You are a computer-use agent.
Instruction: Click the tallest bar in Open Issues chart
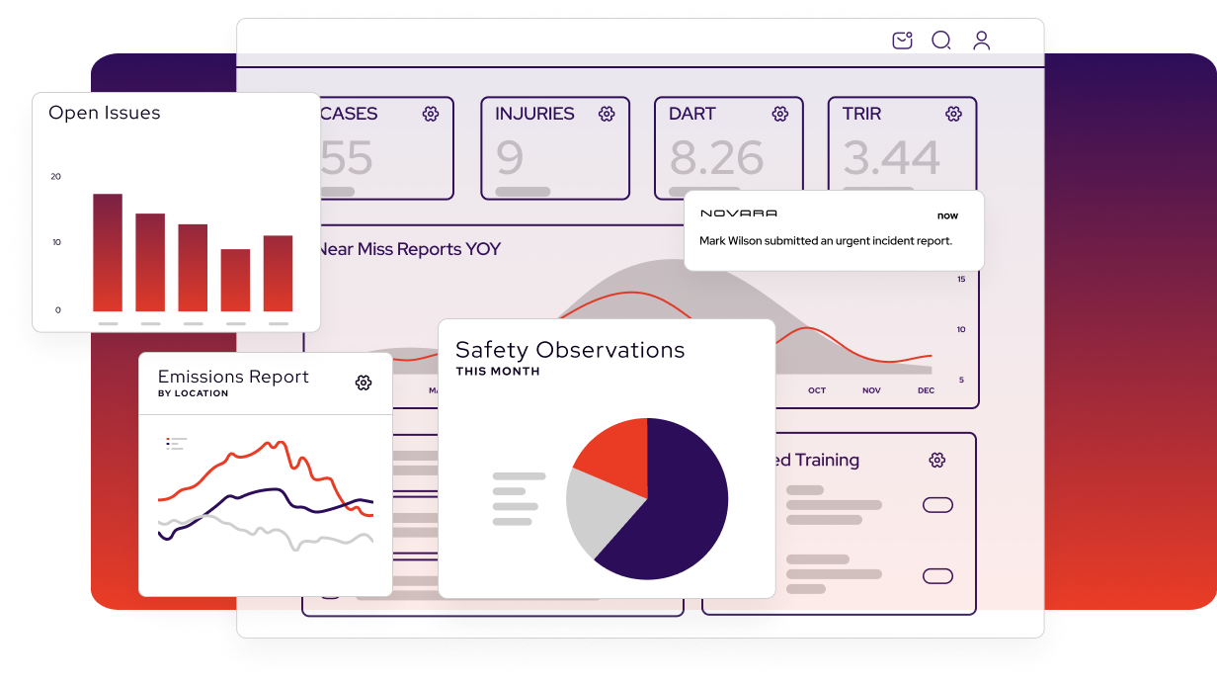[108, 252]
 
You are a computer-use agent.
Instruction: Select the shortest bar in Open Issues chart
[235, 280]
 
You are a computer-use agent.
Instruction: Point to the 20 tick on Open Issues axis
[55, 177]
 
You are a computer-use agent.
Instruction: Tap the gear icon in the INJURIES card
[607, 114]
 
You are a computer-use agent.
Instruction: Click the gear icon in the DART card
[780, 114]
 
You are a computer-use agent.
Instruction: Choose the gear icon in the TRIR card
[953, 114]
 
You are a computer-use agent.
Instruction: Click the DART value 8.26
[716, 158]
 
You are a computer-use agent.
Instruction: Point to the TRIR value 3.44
[890, 158]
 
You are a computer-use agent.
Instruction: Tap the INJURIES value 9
[510, 158]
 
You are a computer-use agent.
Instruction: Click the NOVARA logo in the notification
[738, 214]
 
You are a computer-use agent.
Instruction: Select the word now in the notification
[947, 215]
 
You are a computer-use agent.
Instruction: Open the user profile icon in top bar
[981, 41]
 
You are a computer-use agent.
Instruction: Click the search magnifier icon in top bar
[941, 41]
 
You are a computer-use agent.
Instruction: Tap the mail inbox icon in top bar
[902, 41]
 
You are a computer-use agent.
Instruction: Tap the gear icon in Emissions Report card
[364, 383]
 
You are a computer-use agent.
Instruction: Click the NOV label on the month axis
[871, 390]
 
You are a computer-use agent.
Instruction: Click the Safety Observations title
[570, 350]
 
